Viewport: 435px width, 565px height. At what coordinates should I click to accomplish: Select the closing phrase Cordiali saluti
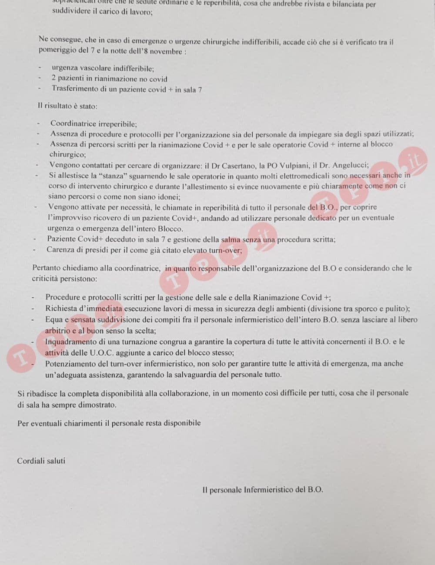pyautogui.click(x=41, y=461)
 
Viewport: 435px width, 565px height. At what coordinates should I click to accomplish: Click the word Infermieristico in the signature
pyautogui.click(x=268, y=490)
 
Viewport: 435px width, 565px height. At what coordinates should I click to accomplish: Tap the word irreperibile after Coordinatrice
pyautogui.click(x=115, y=124)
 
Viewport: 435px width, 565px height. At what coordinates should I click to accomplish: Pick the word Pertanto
pyautogui.click(x=47, y=268)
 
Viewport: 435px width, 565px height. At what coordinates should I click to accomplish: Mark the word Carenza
pyautogui.click(x=61, y=250)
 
